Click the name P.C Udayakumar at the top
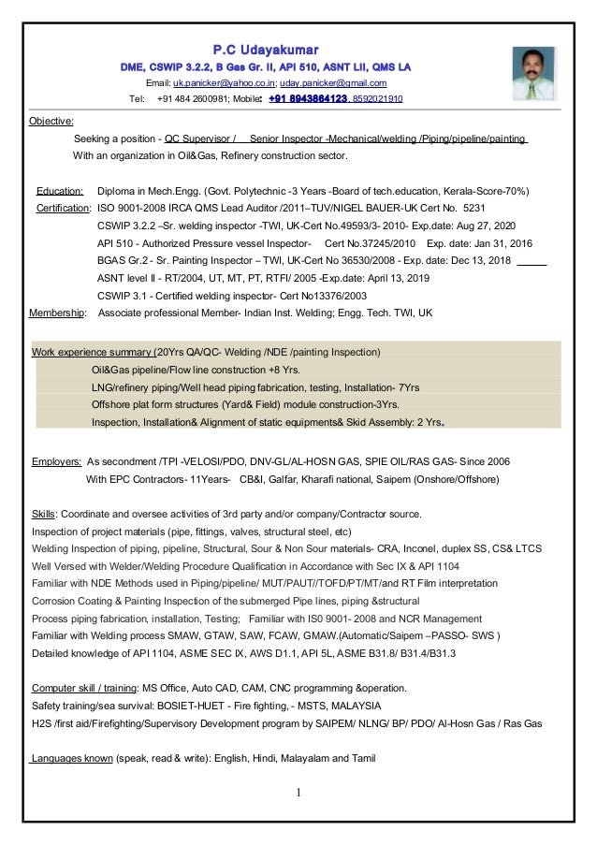[266, 48]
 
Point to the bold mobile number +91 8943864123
[308, 98]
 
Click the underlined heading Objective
[52, 122]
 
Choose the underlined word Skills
[43, 514]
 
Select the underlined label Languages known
[70, 759]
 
